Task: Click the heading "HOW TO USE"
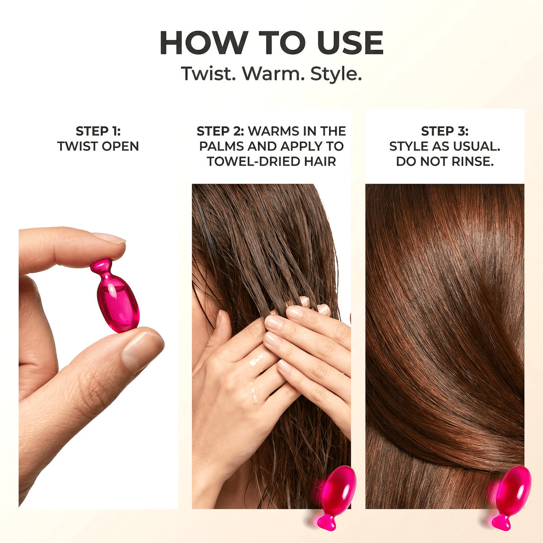[x=271, y=43]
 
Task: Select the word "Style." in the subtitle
[x=336, y=74]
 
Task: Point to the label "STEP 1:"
[x=98, y=131]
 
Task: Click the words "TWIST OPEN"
[x=98, y=147]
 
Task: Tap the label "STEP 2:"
[x=220, y=131]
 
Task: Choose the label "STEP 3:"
[x=445, y=131]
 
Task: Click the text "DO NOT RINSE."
[x=445, y=162]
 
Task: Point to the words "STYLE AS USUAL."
[x=445, y=147]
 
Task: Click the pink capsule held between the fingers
[x=117, y=302]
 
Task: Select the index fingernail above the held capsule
[x=110, y=238]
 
